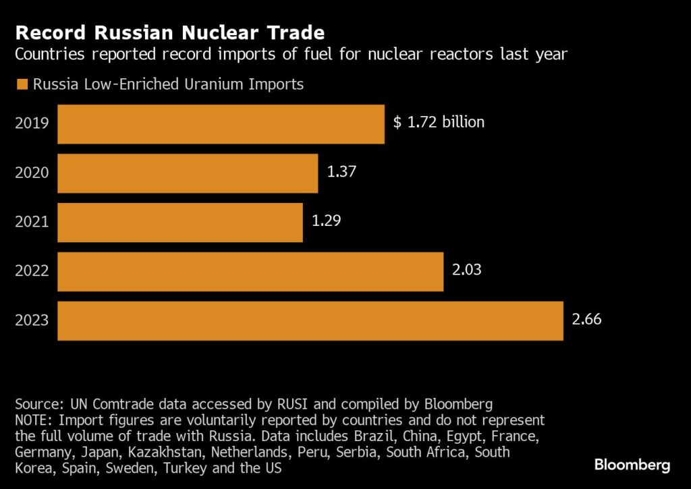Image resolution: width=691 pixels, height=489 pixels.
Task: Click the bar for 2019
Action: [221, 124]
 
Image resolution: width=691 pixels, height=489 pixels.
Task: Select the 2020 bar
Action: [188, 173]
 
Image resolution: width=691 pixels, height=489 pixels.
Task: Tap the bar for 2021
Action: [179, 223]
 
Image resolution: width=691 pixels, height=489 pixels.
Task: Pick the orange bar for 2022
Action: [250, 272]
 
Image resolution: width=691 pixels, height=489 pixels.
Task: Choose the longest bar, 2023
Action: [310, 321]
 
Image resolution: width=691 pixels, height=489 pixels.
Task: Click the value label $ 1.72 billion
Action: [439, 122]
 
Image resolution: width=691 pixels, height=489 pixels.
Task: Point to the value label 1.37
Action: [341, 171]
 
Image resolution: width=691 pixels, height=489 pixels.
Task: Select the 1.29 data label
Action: [326, 221]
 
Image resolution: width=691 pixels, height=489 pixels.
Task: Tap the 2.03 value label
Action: [466, 270]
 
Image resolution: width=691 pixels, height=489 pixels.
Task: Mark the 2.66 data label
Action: [586, 319]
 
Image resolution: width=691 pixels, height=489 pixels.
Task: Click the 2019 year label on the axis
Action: [32, 124]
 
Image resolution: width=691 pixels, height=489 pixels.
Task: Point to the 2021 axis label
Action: [32, 223]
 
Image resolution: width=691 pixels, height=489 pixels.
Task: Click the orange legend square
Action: [21, 85]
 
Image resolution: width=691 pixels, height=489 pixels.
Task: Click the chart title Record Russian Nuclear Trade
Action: [170, 32]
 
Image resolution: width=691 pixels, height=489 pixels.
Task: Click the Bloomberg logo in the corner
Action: [632, 465]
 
